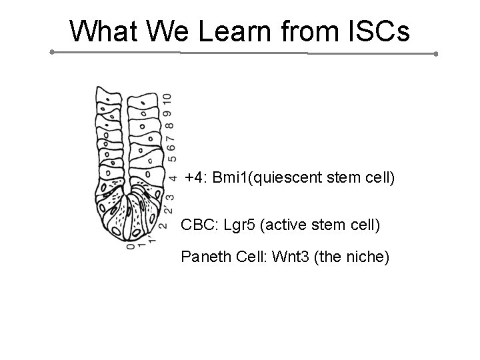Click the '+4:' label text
pyautogui.click(x=196, y=179)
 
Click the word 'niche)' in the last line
pyautogui.click(x=368, y=257)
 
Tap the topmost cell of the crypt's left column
pyautogui.click(x=106, y=93)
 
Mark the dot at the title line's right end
pyautogui.click(x=435, y=54)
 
